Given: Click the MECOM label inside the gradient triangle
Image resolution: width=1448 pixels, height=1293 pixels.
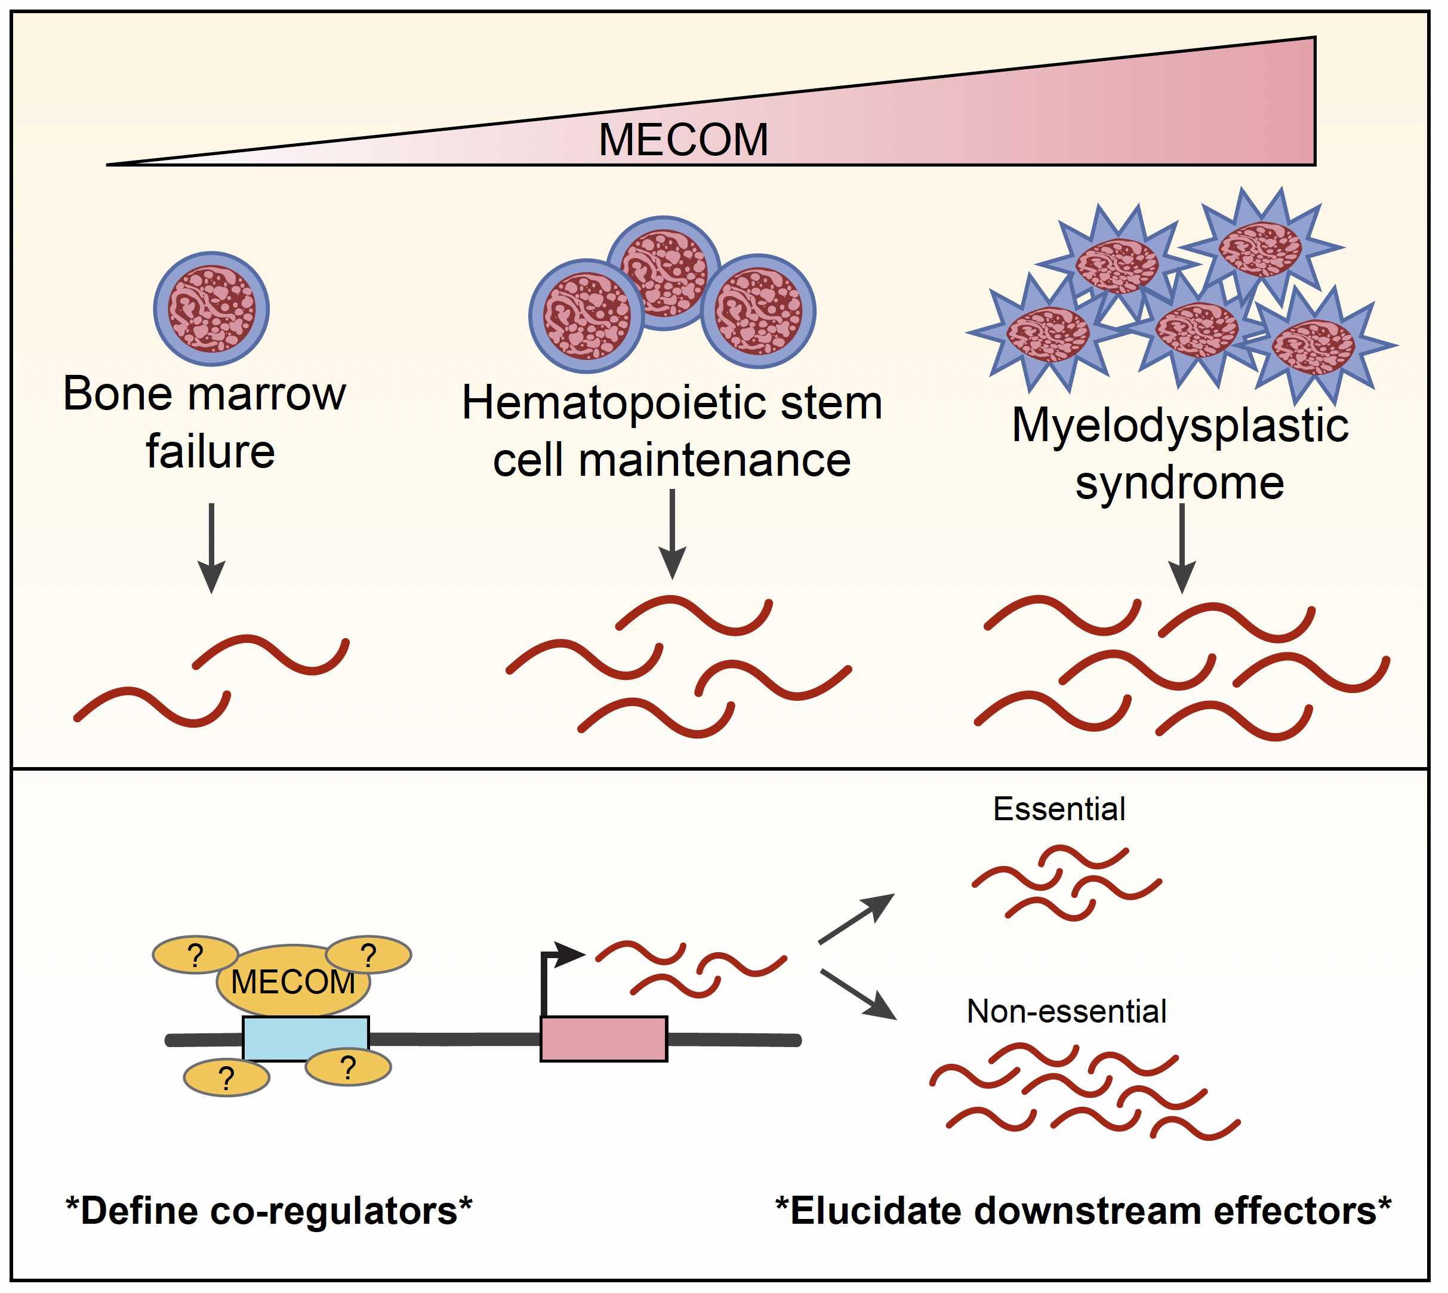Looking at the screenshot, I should click(x=683, y=139).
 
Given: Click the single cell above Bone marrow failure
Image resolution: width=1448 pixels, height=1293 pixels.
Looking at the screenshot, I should click(x=212, y=309).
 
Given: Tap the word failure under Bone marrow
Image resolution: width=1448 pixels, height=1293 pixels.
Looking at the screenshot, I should click(x=210, y=452).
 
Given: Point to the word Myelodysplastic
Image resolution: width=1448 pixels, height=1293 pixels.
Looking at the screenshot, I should click(x=1179, y=426).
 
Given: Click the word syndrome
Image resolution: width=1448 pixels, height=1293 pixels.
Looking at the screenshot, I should click(x=1179, y=483).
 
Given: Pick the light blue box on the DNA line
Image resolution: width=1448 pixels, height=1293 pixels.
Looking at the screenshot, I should click(x=306, y=1039).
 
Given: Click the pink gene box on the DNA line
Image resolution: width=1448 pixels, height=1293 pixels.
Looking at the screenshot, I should click(x=603, y=1039).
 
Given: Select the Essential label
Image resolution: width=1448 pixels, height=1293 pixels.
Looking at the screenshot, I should click(x=1059, y=809).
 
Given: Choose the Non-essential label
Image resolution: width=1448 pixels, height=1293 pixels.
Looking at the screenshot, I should click(x=1066, y=1012).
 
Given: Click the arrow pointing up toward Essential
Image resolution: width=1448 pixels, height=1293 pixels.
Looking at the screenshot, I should click(x=856, y=919).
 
